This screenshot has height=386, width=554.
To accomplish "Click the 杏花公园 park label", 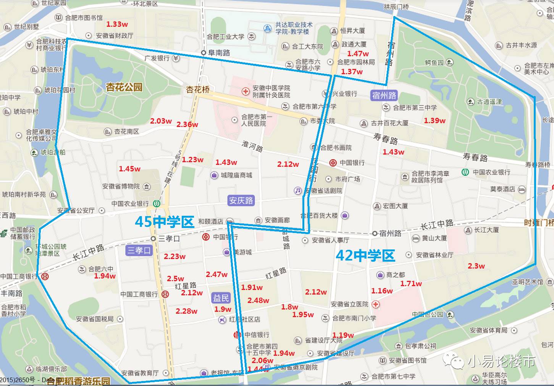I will pyautogui.click(x=124, y=87).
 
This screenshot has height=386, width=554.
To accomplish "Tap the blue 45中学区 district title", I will pyautogui.click(x=165, y=222).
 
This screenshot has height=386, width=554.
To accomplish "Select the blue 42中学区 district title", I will pyautogui.click(x=365, y=256).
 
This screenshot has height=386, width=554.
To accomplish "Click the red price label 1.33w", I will pyautogui.click(x=117, y=24).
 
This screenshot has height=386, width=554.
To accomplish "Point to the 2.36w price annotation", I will pyautogui.click(x=187, y=124).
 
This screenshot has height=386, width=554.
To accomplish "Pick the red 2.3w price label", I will pyautogui.click(x=476, y=266).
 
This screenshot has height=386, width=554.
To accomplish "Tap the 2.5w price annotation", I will pyautogui.click(x=175, y=279).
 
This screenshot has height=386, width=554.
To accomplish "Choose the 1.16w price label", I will pyautogui.click(x=382, y=291).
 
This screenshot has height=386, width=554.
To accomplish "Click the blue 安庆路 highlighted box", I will pyautogui.click(x=241, y=200).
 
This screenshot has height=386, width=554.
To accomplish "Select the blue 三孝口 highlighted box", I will pyautogui.click(x=139, y=251).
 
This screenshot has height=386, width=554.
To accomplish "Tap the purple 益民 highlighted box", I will pyautogui.click(x=221, y=298).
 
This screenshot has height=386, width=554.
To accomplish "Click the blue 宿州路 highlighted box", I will pyautogui.click(x=384, y=95).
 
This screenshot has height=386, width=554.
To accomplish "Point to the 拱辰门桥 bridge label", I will pyautogui.click(x=396, y=7).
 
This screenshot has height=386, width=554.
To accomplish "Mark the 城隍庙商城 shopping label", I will pyautogui.click(x=236, y=175).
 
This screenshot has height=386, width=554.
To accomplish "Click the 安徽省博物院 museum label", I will pyautogui.click(x=121, y=186).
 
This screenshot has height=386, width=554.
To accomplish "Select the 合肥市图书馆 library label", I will pyautogui.click(x=84, y=18).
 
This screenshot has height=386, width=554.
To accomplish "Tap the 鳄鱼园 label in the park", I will pyautogui.click(x=434, y=62).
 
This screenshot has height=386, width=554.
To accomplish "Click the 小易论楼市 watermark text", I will pyautogui.click(x=501, y=361).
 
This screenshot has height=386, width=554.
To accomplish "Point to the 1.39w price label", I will pyautogui.click(x=434, y=121).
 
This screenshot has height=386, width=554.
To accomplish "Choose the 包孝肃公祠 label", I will pyautogui.click(x=420, y=346).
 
